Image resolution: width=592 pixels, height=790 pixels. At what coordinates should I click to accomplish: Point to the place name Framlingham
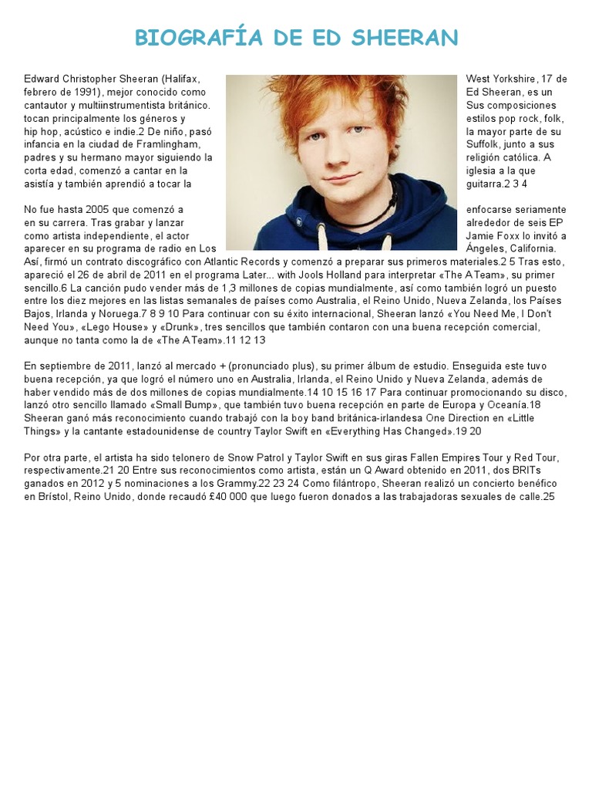(169, 144)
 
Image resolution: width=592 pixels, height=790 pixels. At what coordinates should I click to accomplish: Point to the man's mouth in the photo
(340, 179)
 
